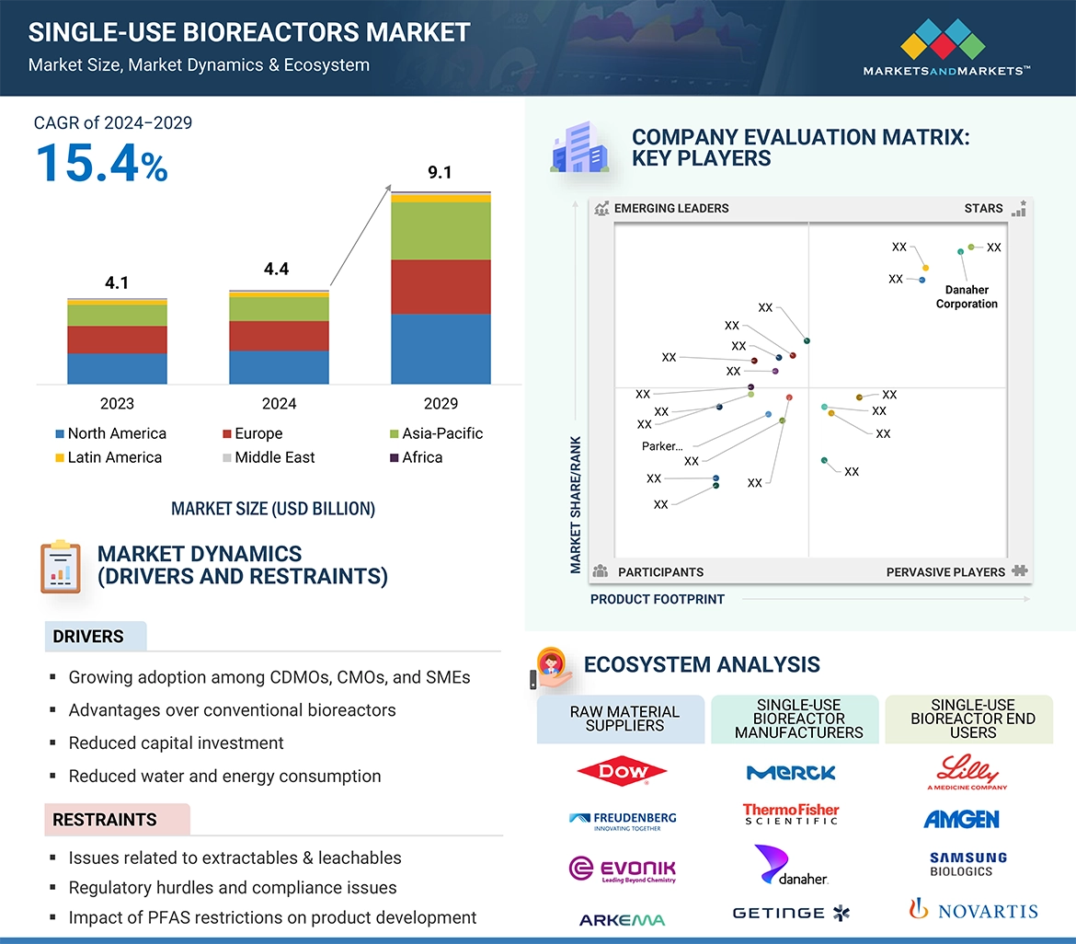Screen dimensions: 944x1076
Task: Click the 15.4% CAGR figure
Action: pyautogui.click(x=101, y=163)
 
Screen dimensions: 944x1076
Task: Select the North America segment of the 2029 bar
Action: pyautogui.click(x=441, y=349)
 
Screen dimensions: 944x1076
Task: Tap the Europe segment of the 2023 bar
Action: pyautogui.click(x=117, y=340)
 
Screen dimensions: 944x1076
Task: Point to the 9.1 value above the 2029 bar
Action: pyautogui.click(x=440, y=172)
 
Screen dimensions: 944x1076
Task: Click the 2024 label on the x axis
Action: pyautogui.click(x=279, y=404)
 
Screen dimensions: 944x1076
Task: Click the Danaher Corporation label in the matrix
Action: pyautogui.click(x=967, y=297)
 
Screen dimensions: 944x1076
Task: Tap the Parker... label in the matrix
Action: pyautogui.click(x=662, y=446)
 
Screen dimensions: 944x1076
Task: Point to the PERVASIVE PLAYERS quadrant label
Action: pyautogui.click(x=945, y=572)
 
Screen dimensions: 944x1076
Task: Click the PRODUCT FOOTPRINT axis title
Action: pyautogui.click(x=658, y=599)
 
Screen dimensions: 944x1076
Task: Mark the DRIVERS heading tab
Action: pyautogui.click(x=88, y=637)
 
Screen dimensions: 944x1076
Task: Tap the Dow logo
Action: pyautogui.click(x=623, y=773)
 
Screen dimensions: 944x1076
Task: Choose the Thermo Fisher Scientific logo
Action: pyautogui.click(x=791, y=814)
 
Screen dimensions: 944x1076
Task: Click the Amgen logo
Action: pyautogui.click(x=961, y=819)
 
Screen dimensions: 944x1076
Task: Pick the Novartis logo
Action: pyautogui.click(x=972, y=911)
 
